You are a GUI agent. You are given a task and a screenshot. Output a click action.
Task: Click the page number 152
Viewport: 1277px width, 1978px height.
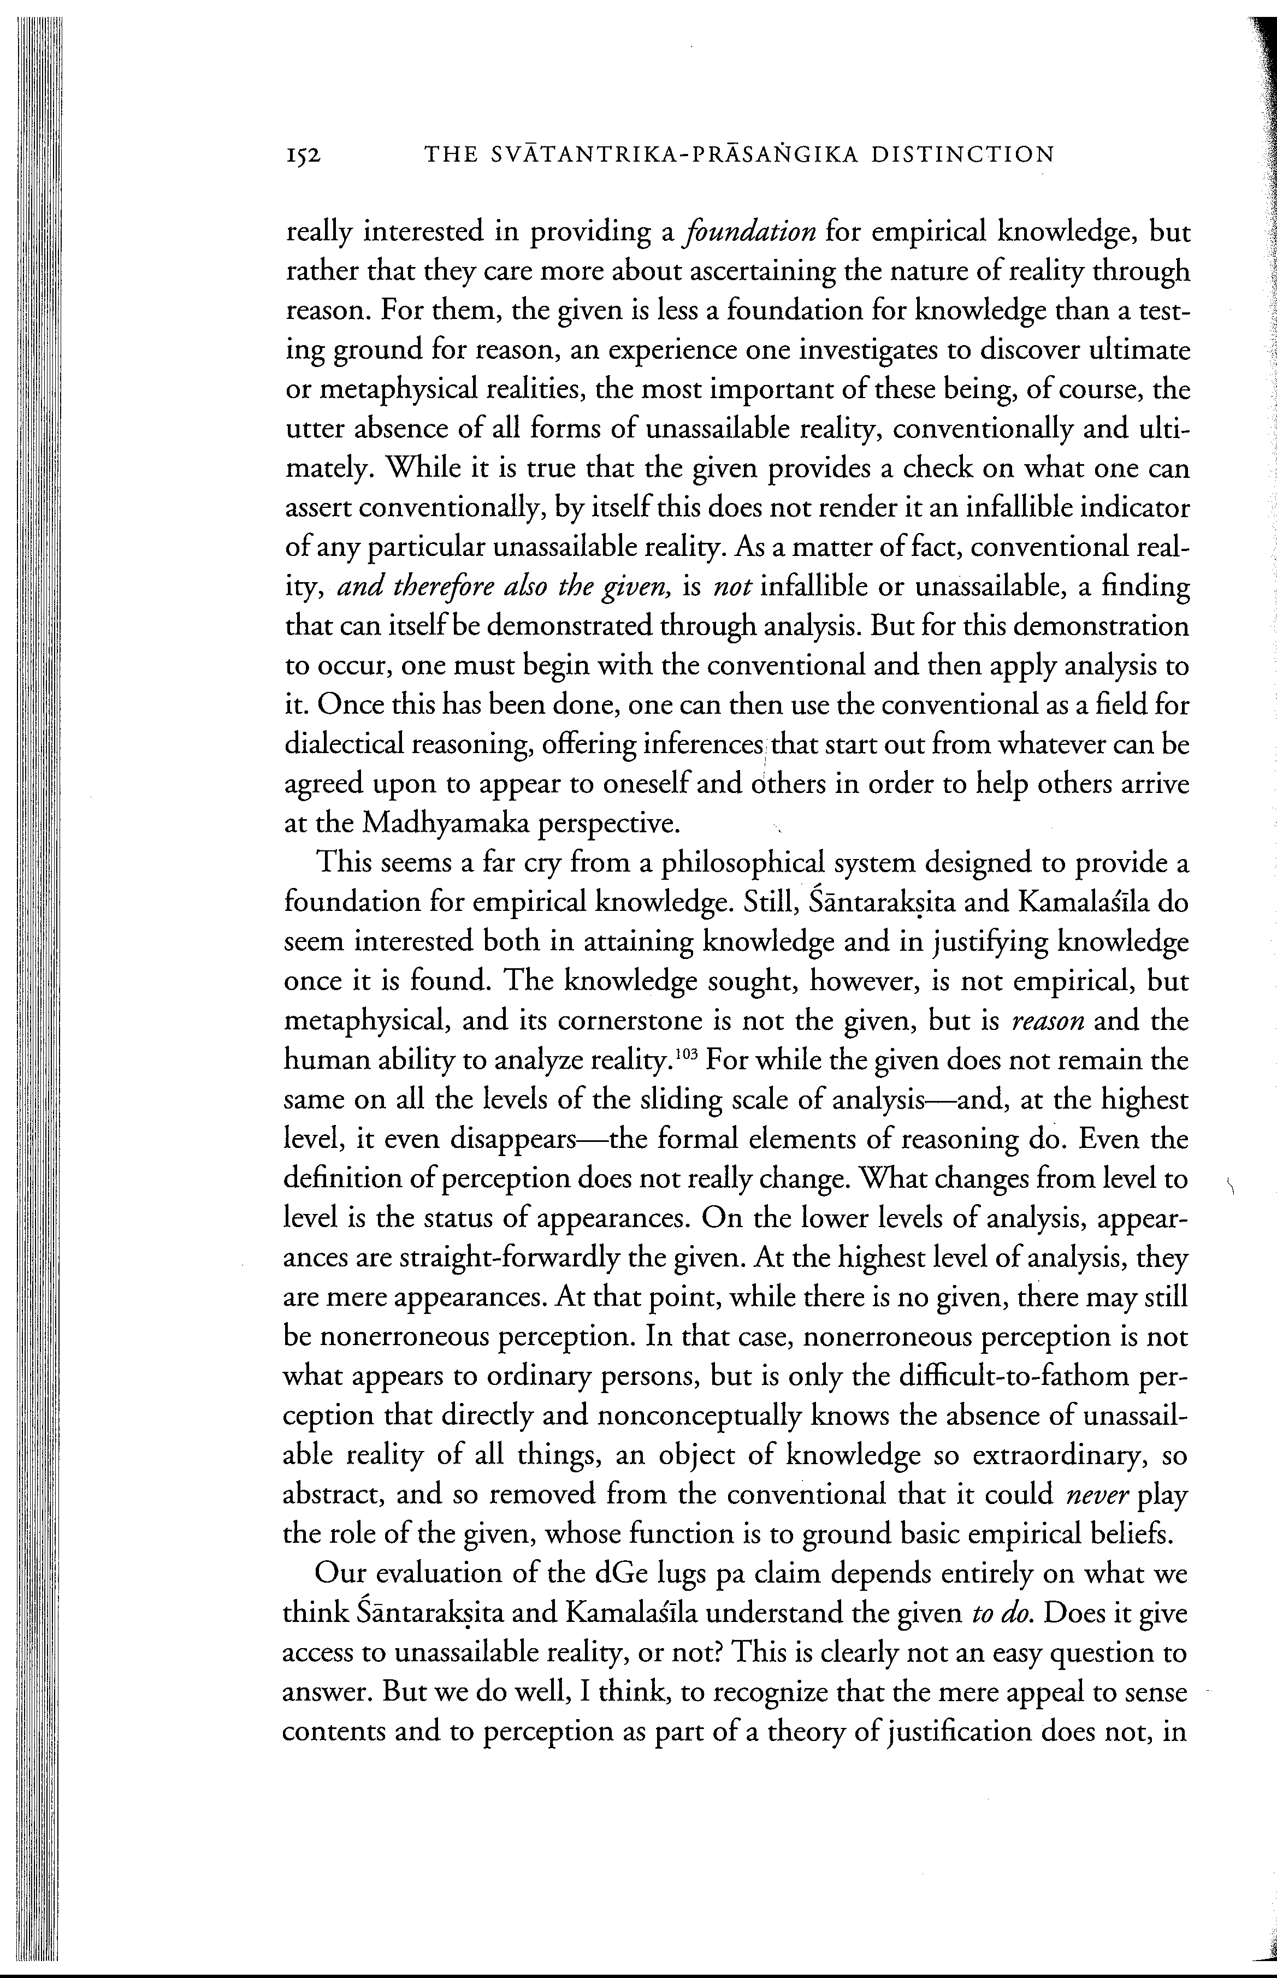click(303, 155)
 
